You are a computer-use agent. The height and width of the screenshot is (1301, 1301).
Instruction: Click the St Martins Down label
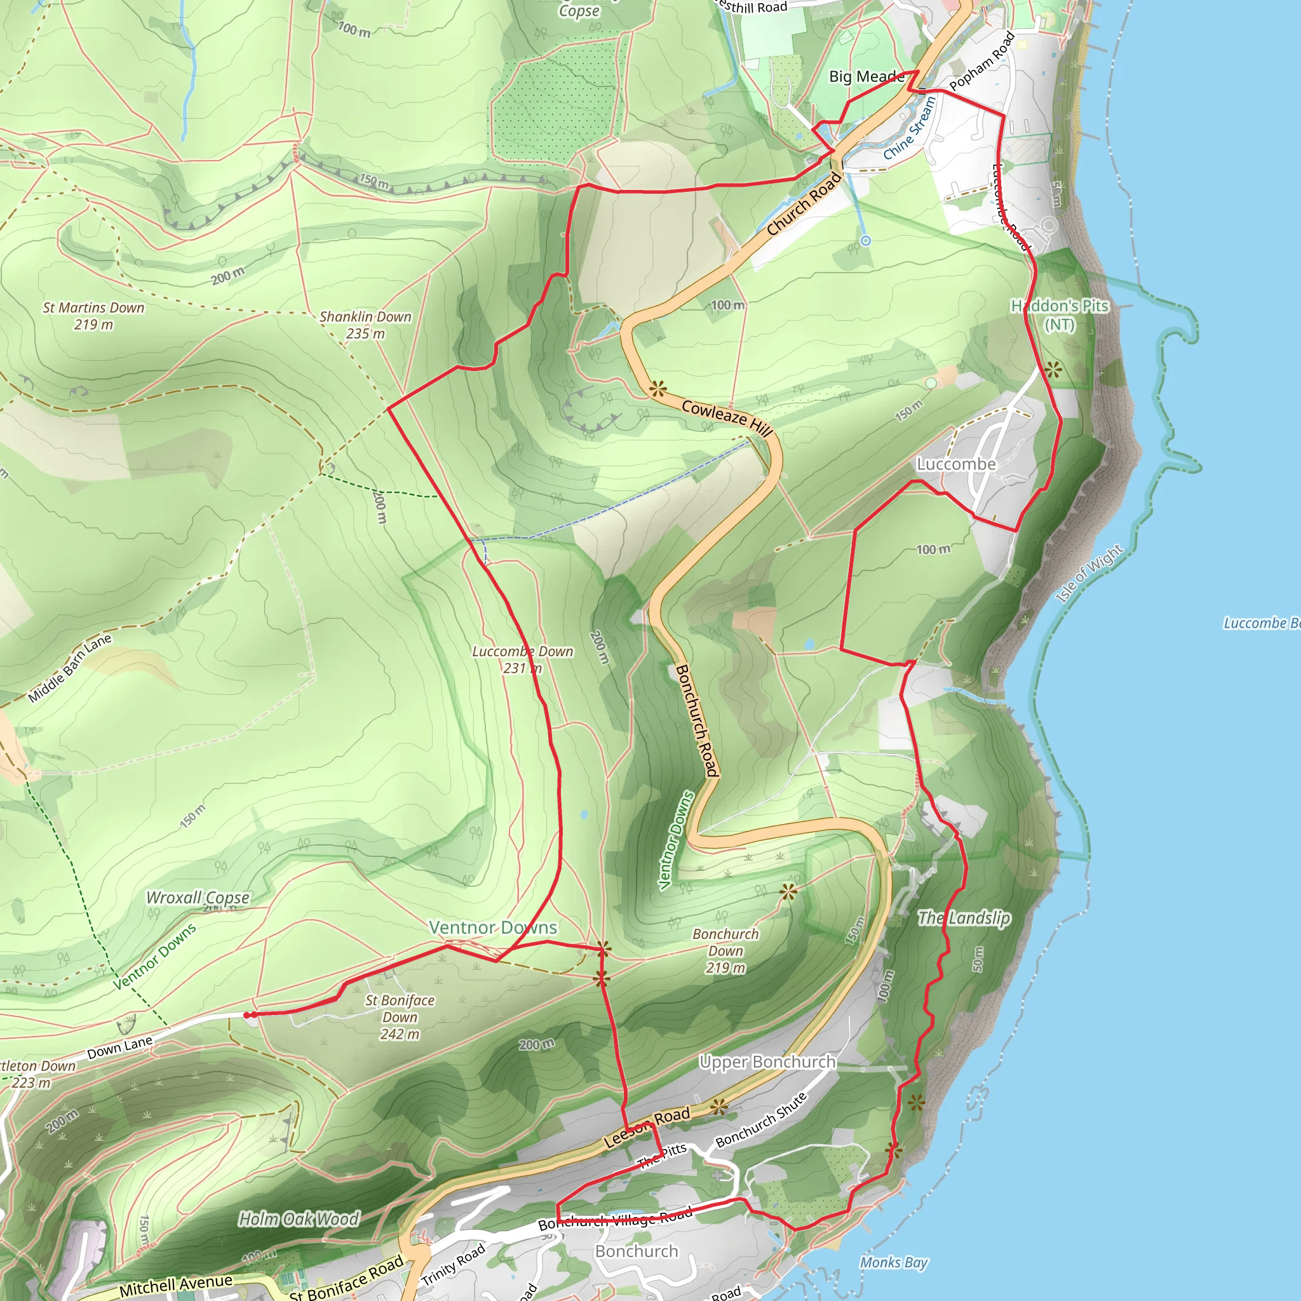[x=93, y=316]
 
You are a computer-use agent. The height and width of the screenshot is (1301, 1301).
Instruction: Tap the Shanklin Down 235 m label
[x=365, y=325]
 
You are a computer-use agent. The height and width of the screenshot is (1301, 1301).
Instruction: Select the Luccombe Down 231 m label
[x=523, y=659]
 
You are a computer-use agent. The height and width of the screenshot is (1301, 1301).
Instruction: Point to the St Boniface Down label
[x=400, y=1017]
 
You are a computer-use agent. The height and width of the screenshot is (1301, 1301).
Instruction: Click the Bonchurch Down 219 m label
[x=725, y=950]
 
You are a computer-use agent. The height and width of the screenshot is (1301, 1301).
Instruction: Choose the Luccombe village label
[x=956, y=464]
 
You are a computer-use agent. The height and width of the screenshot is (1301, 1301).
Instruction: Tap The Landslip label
[x=964, y=918]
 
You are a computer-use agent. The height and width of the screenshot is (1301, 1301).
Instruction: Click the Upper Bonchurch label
[x=767, y=1062]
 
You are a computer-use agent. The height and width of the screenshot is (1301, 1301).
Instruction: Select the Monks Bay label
[x=894, y=1262]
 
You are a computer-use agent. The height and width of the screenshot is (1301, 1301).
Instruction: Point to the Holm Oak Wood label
[x=299, y=1219]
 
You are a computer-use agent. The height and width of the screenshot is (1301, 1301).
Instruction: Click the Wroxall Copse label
[x=198, y=898]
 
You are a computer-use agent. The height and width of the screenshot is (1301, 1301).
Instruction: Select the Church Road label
[x=804, y=203]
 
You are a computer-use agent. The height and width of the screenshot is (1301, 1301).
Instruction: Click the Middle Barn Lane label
[x=70, y=668]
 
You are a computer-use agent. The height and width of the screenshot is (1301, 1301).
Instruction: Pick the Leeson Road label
[x=647, y=1128]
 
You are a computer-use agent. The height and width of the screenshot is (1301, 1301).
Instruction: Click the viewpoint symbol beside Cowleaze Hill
[x=657, y=389]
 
